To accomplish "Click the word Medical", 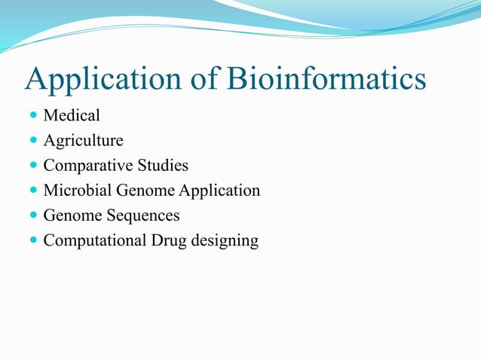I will [72, 116].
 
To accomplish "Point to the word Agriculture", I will [83, 141].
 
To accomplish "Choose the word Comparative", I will [84, 166].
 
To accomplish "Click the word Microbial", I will [75, 191].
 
